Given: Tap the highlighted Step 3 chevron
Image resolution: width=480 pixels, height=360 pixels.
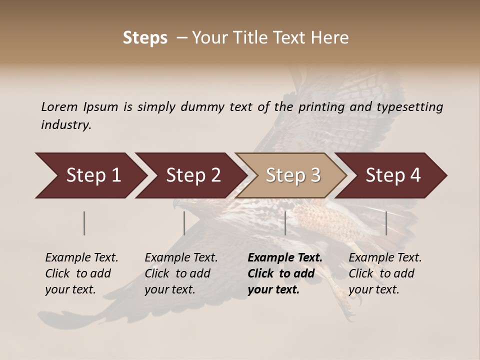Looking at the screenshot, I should pyautogui.click(x=292, y=175).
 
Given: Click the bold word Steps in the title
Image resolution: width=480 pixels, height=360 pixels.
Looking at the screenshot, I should pyautogui.click(x=145, y=38).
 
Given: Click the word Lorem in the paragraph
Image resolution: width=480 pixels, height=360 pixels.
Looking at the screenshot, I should pyautogui.click(x=59, y=107).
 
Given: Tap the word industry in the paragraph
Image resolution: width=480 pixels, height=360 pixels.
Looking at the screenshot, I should pyautogui.click(x=65, y=125).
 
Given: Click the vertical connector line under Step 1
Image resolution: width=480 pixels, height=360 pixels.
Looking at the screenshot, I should pyautogui.click(x=84, y=223).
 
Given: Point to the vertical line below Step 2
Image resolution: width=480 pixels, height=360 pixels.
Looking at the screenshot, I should pyautogui.click(x=184, y=223).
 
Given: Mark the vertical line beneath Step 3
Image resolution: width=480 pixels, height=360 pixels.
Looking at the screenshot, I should pyautogui.click(x=285, y=223).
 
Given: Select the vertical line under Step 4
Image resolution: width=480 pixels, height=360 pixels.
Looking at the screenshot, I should pyautogui.click(x=386, y=223).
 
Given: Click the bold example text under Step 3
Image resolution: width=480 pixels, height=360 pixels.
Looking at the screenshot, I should pyautogui.click(x=285, y=273).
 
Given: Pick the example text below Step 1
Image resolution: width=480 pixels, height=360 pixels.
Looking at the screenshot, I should pyautogui.click(x=81, y=273).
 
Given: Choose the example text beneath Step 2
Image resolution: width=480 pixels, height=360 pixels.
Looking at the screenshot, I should pyautogui.click(x=181, y=273).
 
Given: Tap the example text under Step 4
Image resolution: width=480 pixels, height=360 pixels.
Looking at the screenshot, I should pyautogui.click(x=385, y=273).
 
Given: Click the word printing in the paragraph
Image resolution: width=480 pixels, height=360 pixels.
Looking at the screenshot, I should pyautogui.click(x=321, y=107).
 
